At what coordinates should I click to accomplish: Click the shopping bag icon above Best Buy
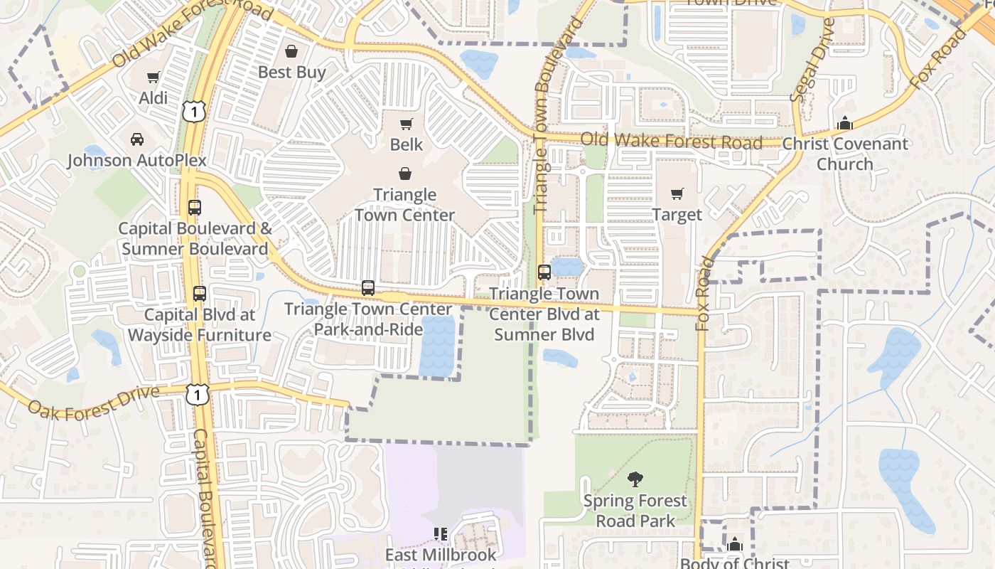point(291,51)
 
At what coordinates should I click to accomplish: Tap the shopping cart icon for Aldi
point(154,77)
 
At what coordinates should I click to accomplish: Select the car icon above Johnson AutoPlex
point(137,139)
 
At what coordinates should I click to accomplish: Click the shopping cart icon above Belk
point(407,124)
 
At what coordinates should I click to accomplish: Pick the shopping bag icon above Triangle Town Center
point(404,174)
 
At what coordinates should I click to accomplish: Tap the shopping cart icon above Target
point(677,193)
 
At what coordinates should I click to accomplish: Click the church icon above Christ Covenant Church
point(844,123)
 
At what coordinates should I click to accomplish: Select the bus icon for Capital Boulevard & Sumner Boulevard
point(195,208)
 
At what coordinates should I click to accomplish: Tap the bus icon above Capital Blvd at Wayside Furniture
point(200,293)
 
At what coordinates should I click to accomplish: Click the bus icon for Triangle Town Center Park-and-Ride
point(368,288)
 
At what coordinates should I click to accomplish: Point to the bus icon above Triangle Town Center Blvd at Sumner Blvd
point(544,272)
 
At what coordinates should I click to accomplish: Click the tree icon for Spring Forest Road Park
point(635,479)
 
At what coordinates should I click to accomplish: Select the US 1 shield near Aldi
point(193,110)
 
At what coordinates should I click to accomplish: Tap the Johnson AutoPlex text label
point(137,160)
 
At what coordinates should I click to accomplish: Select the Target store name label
point(677,215)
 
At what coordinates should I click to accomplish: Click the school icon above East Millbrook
point(441,533)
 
